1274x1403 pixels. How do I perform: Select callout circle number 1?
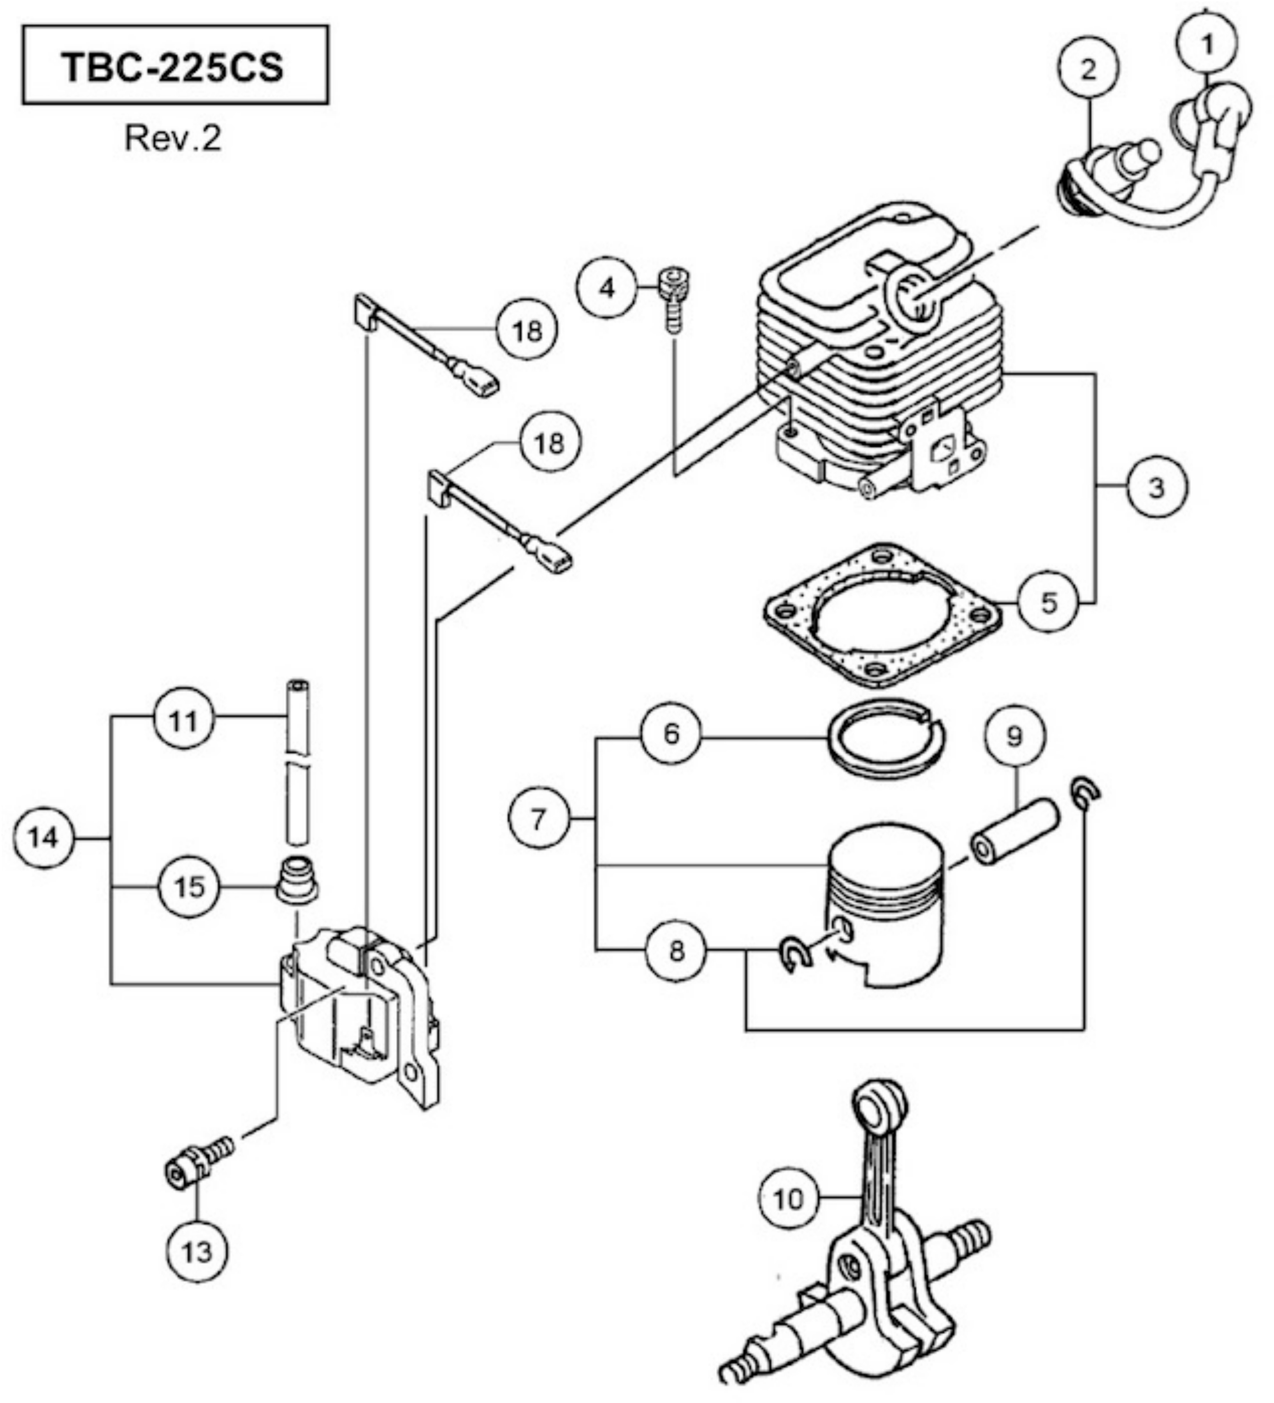tap(1207, 44)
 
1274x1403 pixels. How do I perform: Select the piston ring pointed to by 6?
tap(885, 742)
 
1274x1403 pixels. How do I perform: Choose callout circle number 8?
tap(676, 950)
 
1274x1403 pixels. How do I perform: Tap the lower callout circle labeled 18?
tap(548, 442)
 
